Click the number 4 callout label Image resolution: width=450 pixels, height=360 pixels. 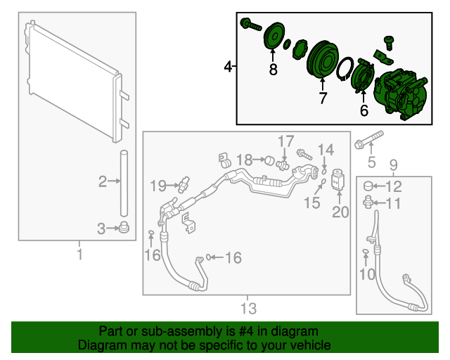227,67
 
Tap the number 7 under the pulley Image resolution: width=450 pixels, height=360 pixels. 323,98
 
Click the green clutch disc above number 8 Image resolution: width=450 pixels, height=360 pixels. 273,37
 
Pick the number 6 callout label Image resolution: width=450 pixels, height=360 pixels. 364,110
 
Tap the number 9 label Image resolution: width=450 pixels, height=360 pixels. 393,165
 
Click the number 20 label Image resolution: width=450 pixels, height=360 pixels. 340,212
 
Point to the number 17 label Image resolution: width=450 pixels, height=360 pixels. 285,141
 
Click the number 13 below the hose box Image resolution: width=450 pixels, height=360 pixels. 247,308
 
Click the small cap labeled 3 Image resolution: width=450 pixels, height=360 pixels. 124,227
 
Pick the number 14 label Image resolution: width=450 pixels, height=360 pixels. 325,150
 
